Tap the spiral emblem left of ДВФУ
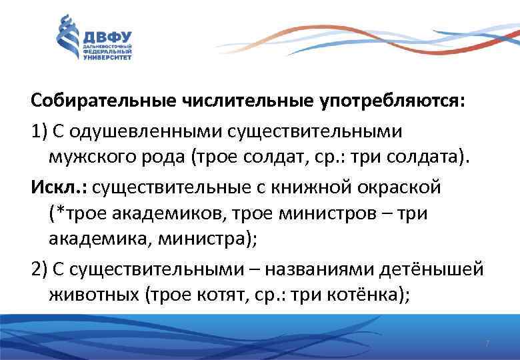click(67, 38)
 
